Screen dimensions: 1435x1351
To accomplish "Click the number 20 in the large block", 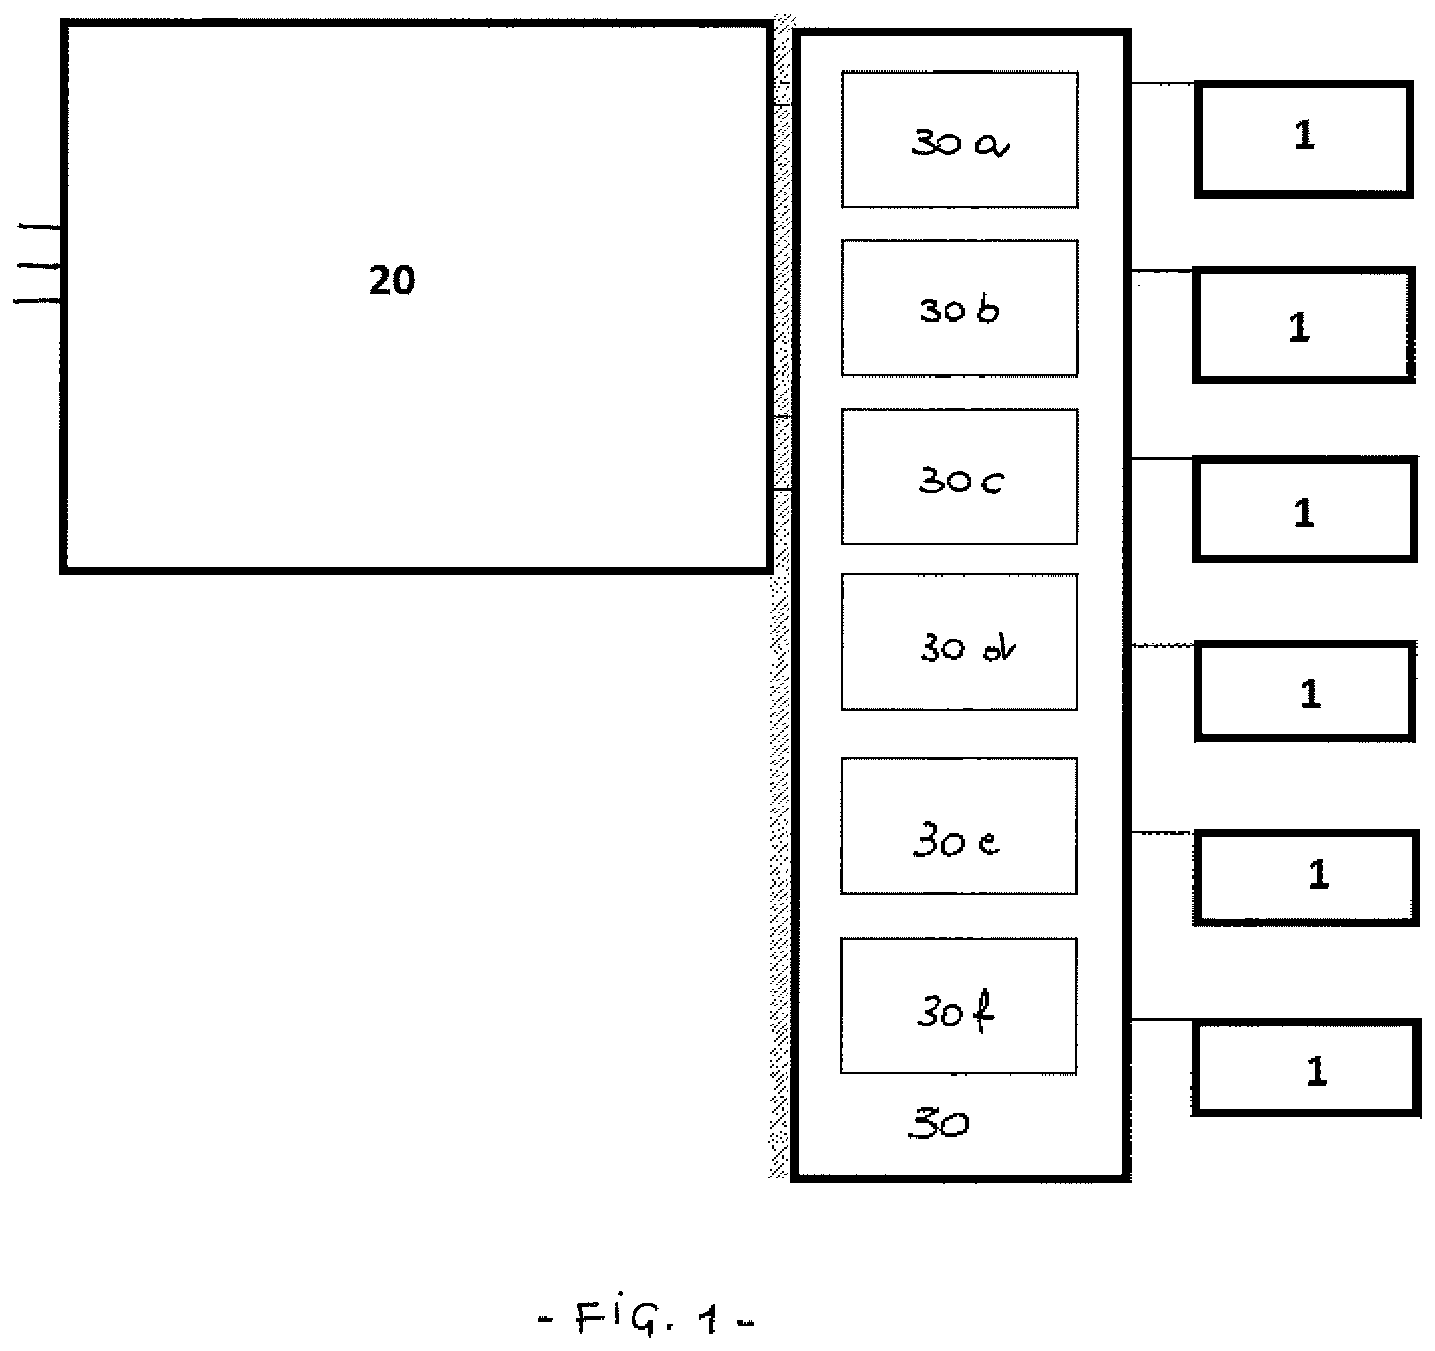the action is [392, 280].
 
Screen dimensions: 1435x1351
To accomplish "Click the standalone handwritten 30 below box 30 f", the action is [939, 1124].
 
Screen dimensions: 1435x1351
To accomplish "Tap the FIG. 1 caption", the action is [646, 1318].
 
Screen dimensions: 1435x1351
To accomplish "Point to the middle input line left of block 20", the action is [39, 267].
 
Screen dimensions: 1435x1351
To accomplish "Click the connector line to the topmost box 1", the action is [1162, 84].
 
